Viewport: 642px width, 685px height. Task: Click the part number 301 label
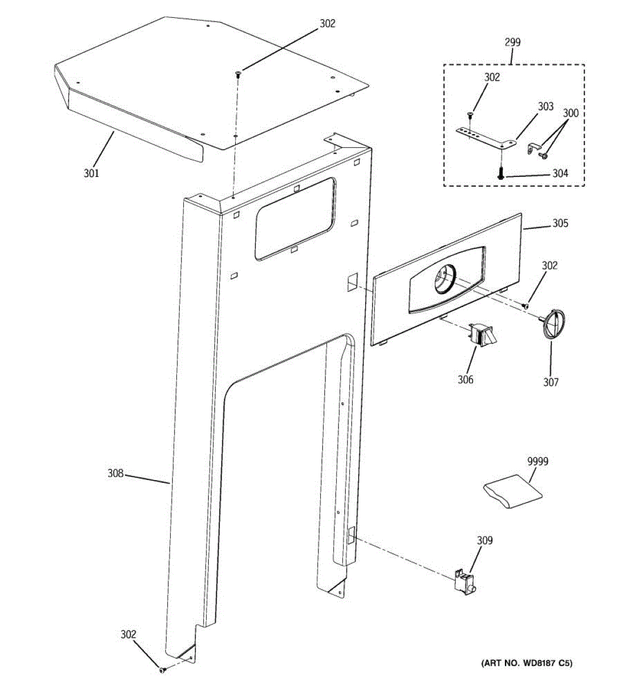tap(91, 172)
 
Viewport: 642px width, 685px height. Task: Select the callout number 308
tap(116, 473)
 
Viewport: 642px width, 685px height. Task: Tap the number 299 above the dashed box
tap(512, 42)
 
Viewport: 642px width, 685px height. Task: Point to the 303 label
tap(546, 106)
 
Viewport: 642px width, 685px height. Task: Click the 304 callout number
tap(560, 174)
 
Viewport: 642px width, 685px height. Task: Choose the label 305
tap(560, 223)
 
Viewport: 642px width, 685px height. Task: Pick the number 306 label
tap(465, 379)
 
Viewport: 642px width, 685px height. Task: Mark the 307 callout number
tap(551, 382)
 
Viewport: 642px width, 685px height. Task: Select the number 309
tap(484, 540)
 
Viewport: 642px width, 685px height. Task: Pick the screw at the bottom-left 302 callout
tap(162, 669)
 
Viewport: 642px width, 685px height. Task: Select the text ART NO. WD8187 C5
tap(527, 663)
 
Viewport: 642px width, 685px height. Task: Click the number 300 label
tap(570, 113)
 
